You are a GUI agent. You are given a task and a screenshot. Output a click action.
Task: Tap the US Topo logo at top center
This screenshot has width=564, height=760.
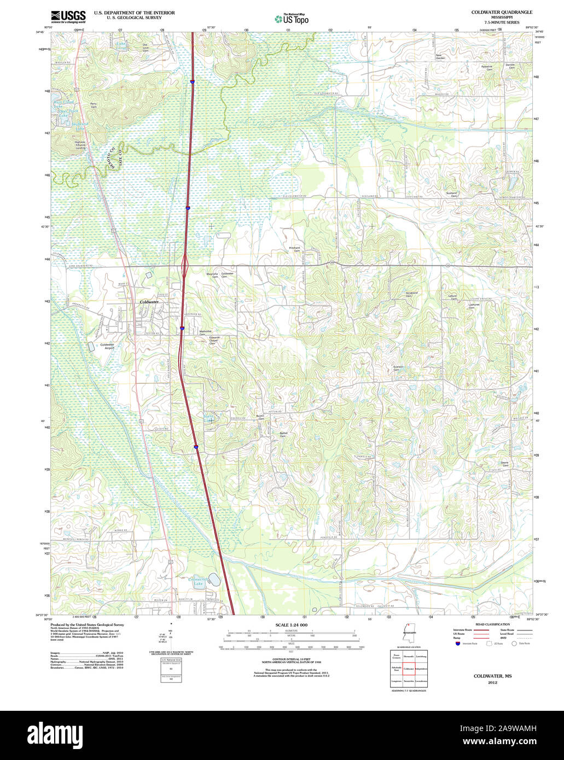[292, 19]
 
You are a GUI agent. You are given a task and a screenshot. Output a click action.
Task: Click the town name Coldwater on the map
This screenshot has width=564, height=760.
[149, 302]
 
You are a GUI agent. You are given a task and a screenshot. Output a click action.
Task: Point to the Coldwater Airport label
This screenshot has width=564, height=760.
[107, 346]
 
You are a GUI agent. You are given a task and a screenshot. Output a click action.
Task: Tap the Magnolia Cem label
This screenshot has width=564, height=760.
[212, 275]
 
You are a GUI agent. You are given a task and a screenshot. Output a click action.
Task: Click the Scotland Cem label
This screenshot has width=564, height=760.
[451, 194]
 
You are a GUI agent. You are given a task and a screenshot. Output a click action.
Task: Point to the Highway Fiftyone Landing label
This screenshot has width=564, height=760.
[80, 145]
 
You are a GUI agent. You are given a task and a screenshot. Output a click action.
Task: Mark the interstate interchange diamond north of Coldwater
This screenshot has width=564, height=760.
[185, 266]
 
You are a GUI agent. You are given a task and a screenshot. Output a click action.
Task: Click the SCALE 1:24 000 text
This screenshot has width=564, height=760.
[291, 625]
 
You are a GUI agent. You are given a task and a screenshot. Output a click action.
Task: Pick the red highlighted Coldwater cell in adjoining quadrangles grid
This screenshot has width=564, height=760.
[409, 668]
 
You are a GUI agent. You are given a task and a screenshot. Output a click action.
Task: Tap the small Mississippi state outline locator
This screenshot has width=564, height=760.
[408, 633]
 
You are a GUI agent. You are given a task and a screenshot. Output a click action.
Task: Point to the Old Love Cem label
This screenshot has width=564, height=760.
[145, 48]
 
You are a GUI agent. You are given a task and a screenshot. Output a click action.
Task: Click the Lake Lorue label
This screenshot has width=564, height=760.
[121, 45]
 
